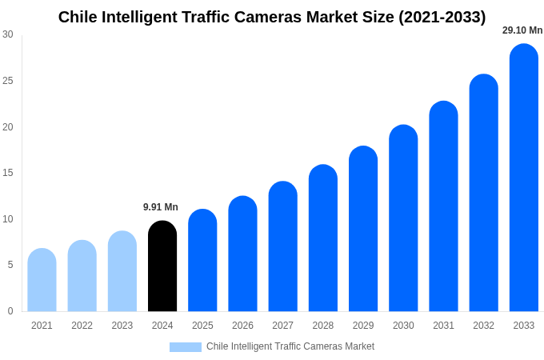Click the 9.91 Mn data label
coord(161,207)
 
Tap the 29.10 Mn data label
coord(522,30)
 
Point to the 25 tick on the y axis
coord(8,81)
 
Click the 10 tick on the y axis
coord(8,219)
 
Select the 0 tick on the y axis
coord(10,311)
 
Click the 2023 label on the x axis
coord(122,326)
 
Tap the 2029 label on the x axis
coord(363,326)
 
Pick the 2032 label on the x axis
coord(483,326)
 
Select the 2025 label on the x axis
coord(202,326)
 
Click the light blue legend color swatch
coord(185,347)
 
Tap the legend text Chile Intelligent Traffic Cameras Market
coord(290,346)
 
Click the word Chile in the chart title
coord(78,17)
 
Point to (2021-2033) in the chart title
coord(442,17)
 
